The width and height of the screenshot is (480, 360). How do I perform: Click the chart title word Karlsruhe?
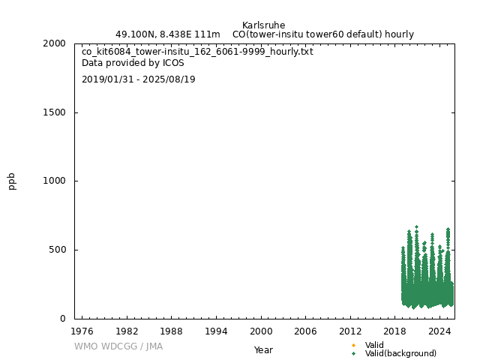[x=263, y=25]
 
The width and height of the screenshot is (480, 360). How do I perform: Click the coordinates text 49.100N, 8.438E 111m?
[x=167, y=34]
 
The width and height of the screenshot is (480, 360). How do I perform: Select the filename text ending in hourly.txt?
[x=197, y=52]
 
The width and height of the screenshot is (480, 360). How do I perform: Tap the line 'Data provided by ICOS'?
[x=133, y=63]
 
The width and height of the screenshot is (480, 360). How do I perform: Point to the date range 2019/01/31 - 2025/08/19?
[x=138, y=79]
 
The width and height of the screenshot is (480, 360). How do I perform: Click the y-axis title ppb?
[x=12, y=181]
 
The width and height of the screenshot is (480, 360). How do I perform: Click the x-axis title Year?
[x=263, y=349]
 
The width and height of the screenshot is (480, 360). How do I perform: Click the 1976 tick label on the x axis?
[x=82, y=331]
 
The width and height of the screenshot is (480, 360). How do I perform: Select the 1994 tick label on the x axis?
[x=216, y=331]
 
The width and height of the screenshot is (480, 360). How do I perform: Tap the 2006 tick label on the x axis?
[x=305, y=331]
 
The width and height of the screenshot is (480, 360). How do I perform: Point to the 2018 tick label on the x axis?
[x=395, y=331]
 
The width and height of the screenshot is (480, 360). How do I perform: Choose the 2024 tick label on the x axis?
[x=439, y=331]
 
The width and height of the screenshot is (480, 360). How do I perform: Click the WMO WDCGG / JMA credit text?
[x=118, y=346]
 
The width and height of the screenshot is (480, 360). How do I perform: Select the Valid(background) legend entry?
[x=400, y=353]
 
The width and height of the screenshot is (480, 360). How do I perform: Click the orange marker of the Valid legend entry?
[x=353, y=345]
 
